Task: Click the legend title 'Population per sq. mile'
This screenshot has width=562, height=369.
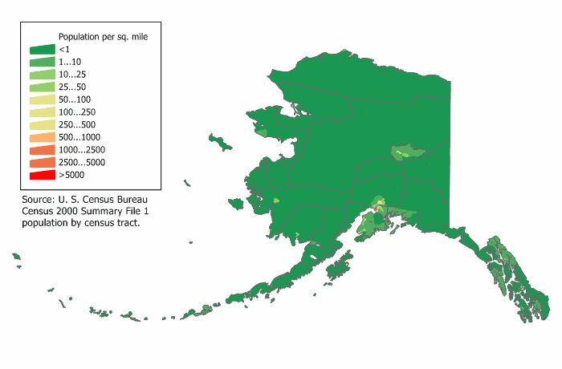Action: tap(103, 37)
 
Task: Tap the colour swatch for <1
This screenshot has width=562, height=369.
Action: tap(43, 50)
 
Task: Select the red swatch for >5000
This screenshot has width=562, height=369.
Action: tap(43, 174)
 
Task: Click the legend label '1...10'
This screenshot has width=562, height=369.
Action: tap(71, 62)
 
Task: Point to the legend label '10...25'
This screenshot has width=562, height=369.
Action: tap(73, 75)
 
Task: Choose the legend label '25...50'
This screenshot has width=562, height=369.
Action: tap(73, 87)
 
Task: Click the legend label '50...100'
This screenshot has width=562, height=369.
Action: tap(75, 99)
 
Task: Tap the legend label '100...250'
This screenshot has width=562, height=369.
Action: tap(78, 112)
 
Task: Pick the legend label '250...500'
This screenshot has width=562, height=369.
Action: tap(78, 124)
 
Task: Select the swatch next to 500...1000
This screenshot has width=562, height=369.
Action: tap(43, 136)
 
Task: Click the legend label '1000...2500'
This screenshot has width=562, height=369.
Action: tap(81, 149)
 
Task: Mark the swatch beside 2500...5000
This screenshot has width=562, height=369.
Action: tap(43, 161)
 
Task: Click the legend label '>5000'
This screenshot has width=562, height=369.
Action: tap(71, 174)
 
